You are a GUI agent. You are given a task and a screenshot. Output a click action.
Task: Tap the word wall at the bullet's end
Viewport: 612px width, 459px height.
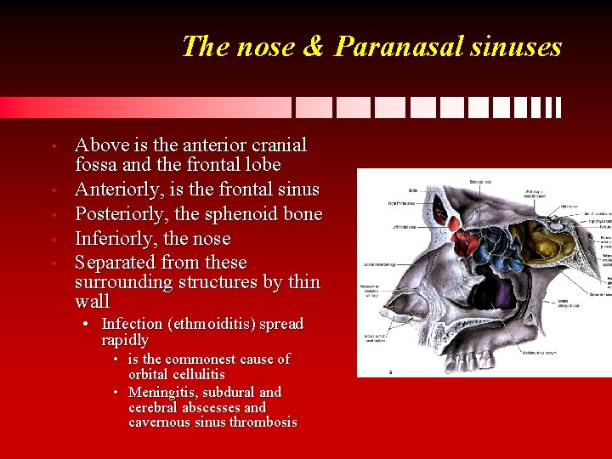pyautogui.click(x=92, y=302)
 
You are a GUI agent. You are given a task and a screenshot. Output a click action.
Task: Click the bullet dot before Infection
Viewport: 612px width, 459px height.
pyautogui.click(x=87, y=325)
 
